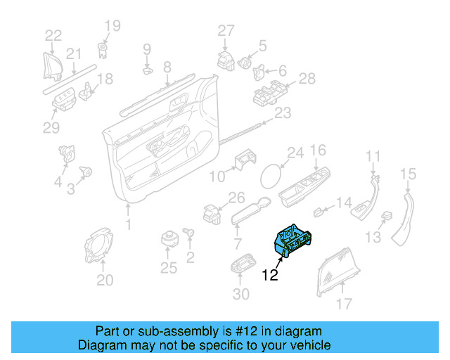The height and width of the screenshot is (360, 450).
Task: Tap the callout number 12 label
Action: tap(271, 275)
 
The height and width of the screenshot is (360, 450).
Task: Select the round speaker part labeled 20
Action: tap(101, 245)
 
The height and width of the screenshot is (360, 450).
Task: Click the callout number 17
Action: tap(343, 304)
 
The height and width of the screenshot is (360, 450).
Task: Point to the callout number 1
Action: tap(128, 224)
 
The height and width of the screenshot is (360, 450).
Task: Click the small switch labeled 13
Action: tap(385, 217)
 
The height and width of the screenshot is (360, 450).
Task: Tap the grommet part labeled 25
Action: tap(169, 238)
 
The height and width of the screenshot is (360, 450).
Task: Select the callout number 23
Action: tap(282, 113)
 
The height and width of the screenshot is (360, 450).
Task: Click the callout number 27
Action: tap(225, 30)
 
